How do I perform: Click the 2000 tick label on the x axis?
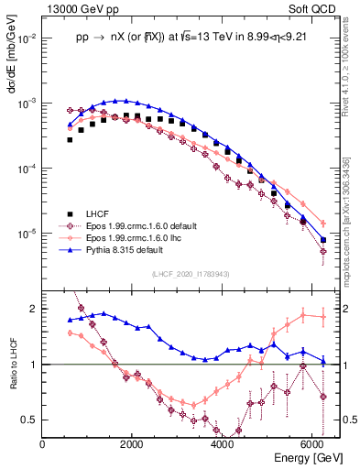[x=132, y=443]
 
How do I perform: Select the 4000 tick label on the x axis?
[x=222, y=443]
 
